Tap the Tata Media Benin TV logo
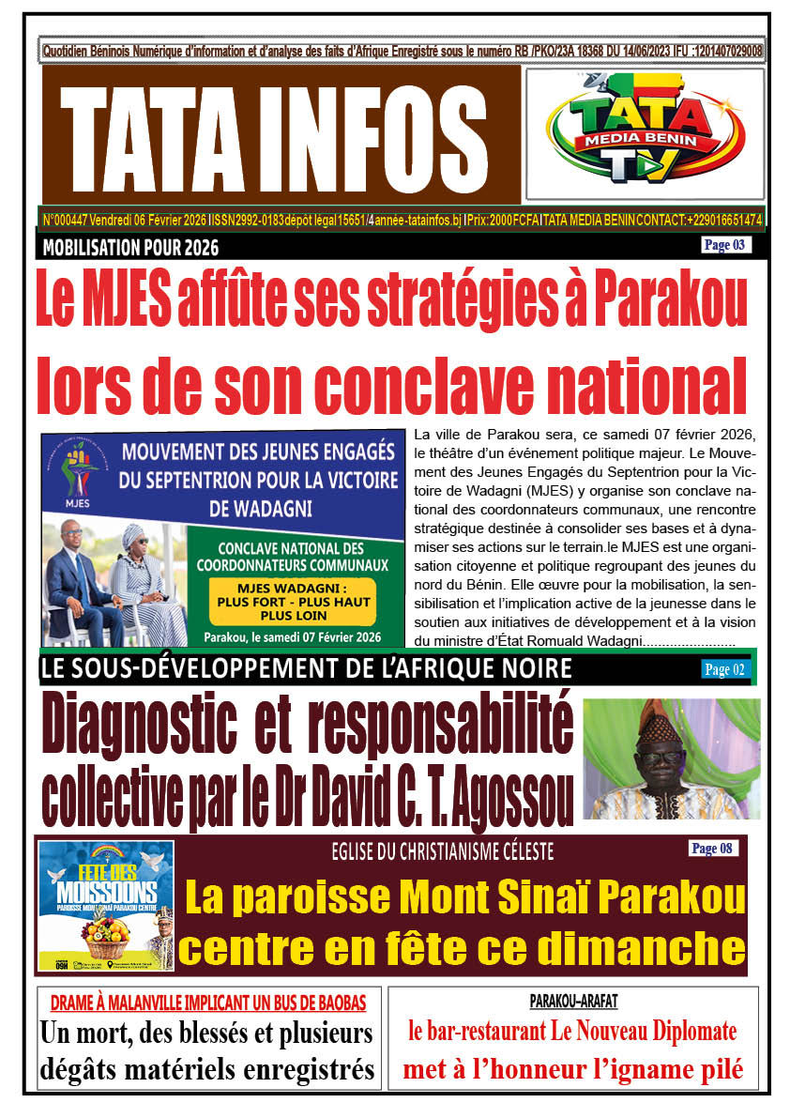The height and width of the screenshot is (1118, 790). tap(645, 133)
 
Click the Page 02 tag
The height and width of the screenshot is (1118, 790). tap(724, 669)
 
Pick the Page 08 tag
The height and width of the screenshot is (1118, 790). tap(711, 849)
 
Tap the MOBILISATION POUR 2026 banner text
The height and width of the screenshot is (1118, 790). tap(130, 249)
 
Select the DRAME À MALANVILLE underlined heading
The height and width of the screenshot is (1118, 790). tap(207, 1002)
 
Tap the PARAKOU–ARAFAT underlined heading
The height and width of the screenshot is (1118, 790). tap(572, 1001)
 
